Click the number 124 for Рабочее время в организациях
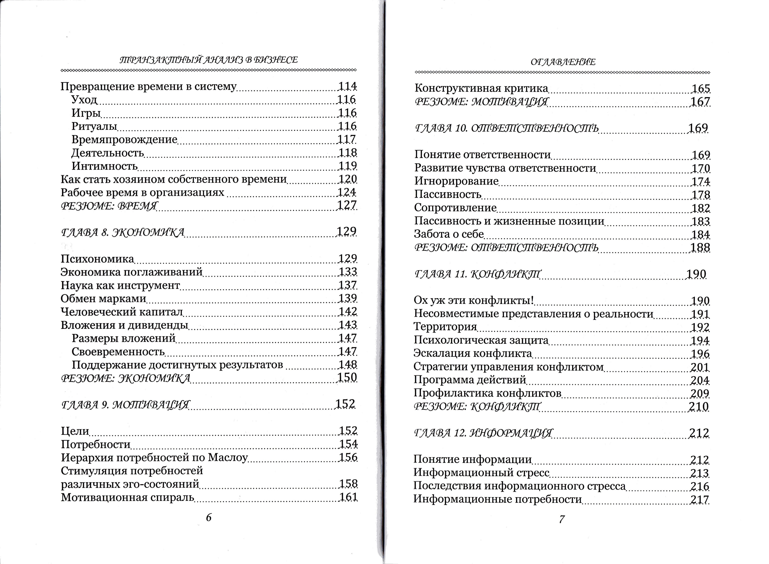tap(347, 192)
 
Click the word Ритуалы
tap(94, 126)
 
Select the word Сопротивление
tap(455, 208)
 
